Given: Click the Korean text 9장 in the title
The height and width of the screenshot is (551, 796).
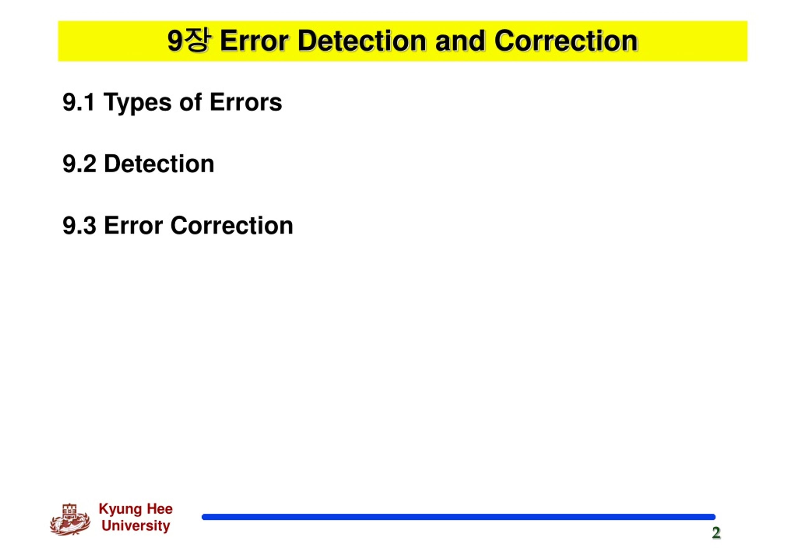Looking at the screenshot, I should click(188, 41).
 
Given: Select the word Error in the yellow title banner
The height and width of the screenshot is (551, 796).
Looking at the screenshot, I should click(254, 41).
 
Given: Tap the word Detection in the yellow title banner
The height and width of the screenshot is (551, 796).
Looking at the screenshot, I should click(362, 41).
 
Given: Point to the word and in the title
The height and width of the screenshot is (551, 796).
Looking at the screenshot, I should click(460, 41).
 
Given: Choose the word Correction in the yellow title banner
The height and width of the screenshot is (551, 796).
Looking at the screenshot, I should click(566, 41).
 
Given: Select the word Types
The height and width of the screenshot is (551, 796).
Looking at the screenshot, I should click(137, 103).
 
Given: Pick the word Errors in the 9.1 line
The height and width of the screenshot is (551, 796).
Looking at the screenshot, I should click(246, 102).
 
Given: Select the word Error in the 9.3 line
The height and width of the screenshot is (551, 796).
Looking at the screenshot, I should click(133, 225).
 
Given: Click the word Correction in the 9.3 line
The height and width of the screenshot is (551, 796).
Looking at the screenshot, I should click(232, 225).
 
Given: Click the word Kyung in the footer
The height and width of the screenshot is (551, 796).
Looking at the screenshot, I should click(120, 510).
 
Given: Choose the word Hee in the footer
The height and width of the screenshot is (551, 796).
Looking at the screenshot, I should click(160, 509).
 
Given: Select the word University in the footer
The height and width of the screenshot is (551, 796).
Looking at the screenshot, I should click(136, 526).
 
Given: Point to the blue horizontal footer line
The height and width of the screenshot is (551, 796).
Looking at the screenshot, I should click(458, 517).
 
